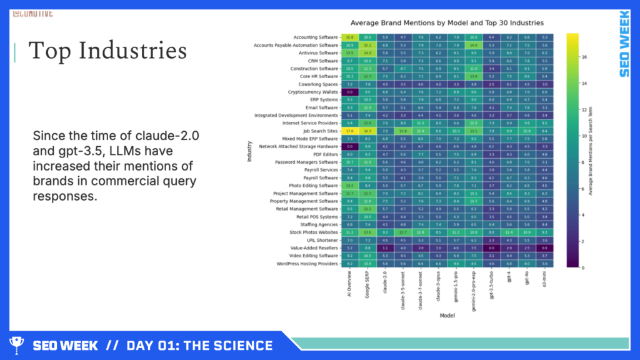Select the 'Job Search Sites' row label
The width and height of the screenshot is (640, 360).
pyautogui.click(x=319, y=131)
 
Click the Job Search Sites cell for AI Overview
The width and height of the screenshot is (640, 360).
pyautogui.click(x=350, y=131)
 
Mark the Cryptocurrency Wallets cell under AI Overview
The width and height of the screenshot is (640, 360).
pyautogui.click(x=350, y=92)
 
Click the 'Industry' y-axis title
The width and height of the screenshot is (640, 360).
pyautogui.click(x=249, y=151)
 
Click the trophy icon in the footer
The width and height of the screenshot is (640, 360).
pyautogui.click(x=17, y=345)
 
